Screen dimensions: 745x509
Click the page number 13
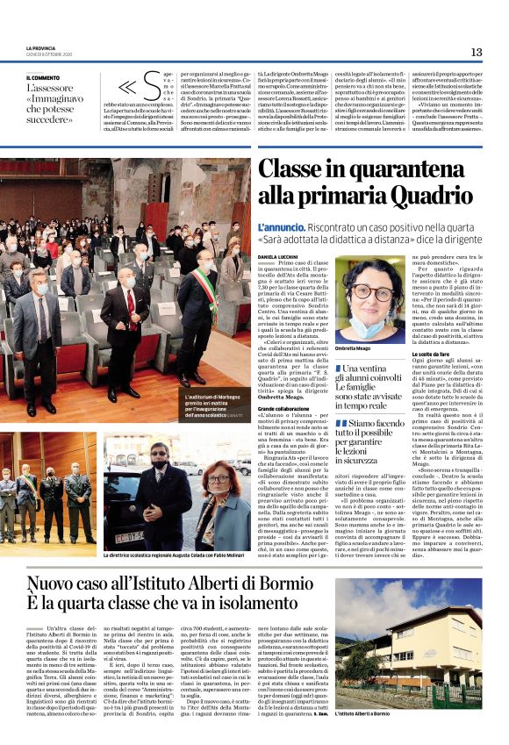477,52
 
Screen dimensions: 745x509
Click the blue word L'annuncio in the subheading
277,226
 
